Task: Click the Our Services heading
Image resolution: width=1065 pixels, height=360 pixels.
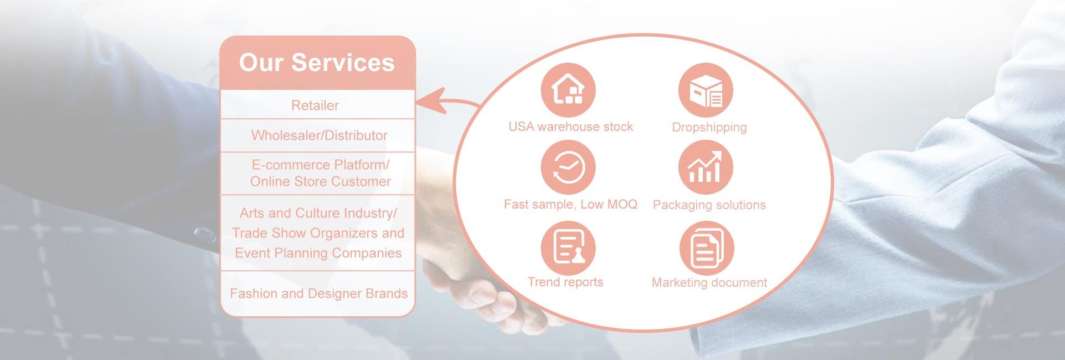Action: [x=317, y=62]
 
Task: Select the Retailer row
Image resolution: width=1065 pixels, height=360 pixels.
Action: [x=317, y=105]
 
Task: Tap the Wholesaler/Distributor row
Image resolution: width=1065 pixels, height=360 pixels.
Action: [x=317, y=135]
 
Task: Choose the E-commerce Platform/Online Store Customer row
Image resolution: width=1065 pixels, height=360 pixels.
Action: [x=317, y=173]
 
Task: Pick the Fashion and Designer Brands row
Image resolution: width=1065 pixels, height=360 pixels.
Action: [x=317, y=293]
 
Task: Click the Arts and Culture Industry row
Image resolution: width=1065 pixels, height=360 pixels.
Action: [x=317, y=233]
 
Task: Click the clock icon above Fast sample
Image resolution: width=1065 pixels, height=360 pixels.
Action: [x=568, y=168]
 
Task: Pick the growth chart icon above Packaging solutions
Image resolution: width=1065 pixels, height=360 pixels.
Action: [x=706, y=168]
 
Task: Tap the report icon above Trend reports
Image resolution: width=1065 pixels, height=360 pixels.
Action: [x=568, y=248]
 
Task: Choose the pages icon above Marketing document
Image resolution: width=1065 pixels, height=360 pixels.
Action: [x=707, y=248]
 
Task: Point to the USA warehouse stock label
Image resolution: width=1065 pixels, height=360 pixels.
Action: [x=571, y=127]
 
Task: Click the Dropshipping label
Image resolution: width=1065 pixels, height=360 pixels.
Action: [x=709, y=128]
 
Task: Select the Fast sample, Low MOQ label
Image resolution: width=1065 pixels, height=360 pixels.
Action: [x=571, y=205]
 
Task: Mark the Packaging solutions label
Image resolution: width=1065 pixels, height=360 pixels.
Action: [x=709, y=205]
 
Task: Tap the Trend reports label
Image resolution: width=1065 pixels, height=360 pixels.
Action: [x=565, y=282]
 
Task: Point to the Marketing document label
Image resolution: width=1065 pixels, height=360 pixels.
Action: [x=709, y=283]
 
